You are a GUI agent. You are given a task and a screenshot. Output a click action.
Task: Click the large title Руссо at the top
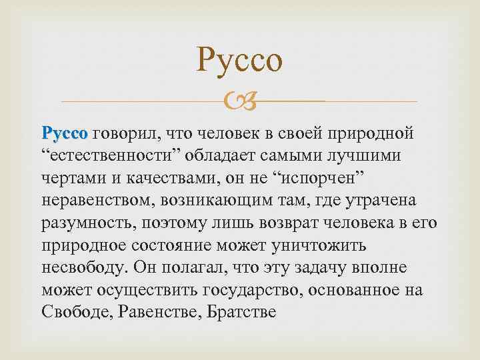pyautogui.click(x=240, y=61)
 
